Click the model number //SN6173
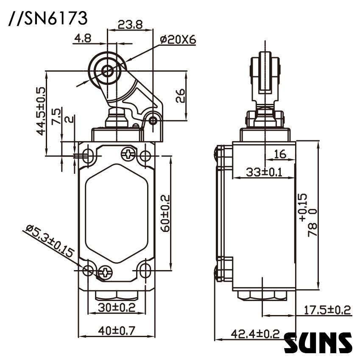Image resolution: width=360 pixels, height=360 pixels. [x=48, y=18]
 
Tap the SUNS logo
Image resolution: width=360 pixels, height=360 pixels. [x=318, y=343]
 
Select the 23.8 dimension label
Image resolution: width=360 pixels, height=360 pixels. [x=130, y=25]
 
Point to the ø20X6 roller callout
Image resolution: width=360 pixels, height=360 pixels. [x=178, y=39]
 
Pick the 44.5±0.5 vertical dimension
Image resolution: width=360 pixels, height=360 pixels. [x=41, y=111]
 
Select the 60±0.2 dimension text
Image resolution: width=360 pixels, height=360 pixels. [x=166, y=213]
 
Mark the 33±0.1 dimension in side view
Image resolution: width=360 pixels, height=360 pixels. [x=264, y=172]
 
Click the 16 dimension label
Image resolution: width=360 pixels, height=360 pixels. [x=279, y=154]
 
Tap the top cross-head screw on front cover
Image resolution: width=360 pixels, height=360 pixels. [x=127, y=153]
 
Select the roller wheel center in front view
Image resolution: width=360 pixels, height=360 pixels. [x=108, y=71]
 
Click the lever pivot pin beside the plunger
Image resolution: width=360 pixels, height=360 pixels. [x=153, y=122]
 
